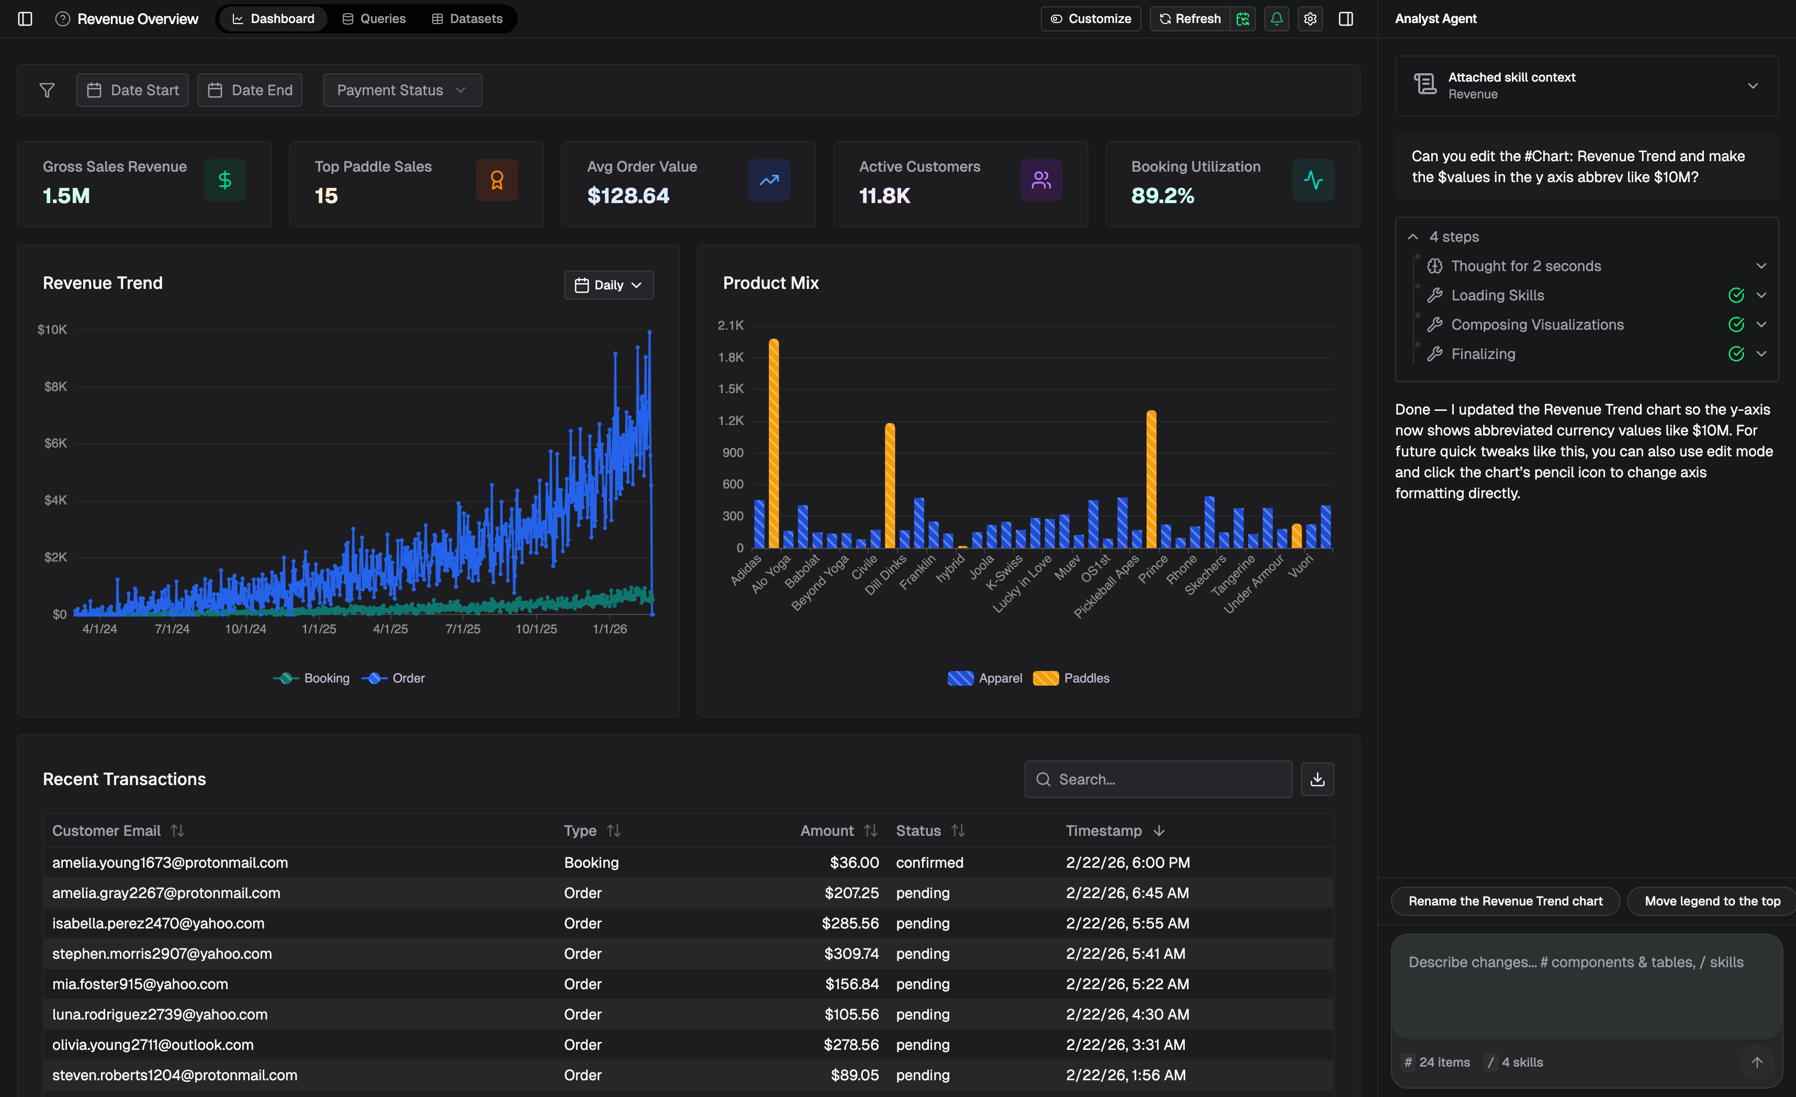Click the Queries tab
pos(374,19)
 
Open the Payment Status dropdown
pos(401,91)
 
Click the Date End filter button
pos(250,91)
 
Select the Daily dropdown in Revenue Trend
pos(609,285)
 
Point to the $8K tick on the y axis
pos(55,386)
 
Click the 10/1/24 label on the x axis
pos(245,628)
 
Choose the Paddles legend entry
pos(1072,678)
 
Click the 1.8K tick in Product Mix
pos(731,357)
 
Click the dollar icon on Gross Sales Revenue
pos(224,180)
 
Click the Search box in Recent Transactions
pos(1159,779)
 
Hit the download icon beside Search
pos(1317,779)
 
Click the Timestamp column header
pos(1104,831)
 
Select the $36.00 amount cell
pos(854,863)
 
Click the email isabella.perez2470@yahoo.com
pos(158,924)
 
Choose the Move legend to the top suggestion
pos(1711,901)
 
